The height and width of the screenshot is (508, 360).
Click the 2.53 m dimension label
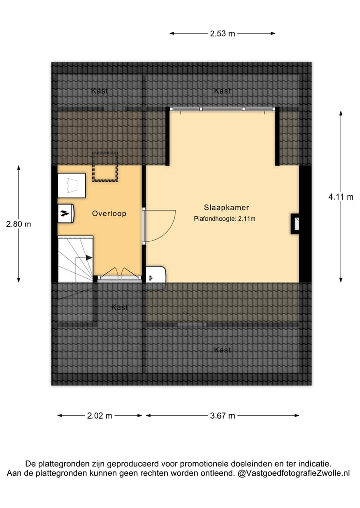[x=222, y=34]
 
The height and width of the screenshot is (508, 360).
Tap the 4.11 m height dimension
[x=340, y=197]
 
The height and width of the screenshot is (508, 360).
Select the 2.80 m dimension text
[x=18, y=224]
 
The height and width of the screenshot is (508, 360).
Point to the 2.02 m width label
[x=100, y=415]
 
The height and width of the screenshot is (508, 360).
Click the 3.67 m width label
[x=222, y=415]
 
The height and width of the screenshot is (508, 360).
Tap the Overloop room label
[x=109, y=213]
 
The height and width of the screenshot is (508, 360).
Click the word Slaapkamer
[x=226, y=207]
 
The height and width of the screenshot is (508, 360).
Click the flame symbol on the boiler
[x=64, y=213]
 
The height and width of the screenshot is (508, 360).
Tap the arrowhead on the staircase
[x=89, y=258]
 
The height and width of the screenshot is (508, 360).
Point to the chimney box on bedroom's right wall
[x=295, y=224]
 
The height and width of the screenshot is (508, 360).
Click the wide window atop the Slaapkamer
[x=222, y=109]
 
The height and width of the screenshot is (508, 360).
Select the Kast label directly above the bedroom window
[x=222, y=91]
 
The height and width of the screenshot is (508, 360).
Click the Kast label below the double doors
[x=119, y=307]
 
